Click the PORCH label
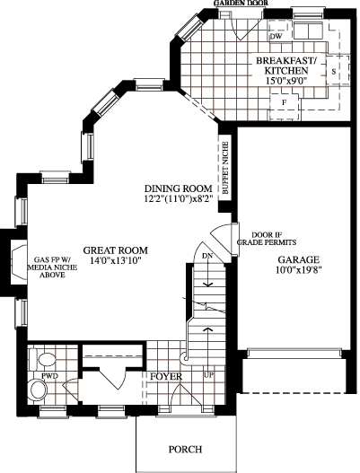185,450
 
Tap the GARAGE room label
298,259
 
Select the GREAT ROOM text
116,250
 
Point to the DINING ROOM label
179,188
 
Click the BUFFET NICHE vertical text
225,168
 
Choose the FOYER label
166,376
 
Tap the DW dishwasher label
276,37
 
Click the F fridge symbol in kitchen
284,102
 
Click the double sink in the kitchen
308,31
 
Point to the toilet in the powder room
42,359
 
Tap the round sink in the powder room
37,390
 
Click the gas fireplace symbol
19,261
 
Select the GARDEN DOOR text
241,3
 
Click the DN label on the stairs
207,256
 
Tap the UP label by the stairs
208,376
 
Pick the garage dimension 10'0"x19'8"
297,270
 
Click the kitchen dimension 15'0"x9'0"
286,81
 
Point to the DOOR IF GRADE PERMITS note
267,239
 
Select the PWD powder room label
49,376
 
